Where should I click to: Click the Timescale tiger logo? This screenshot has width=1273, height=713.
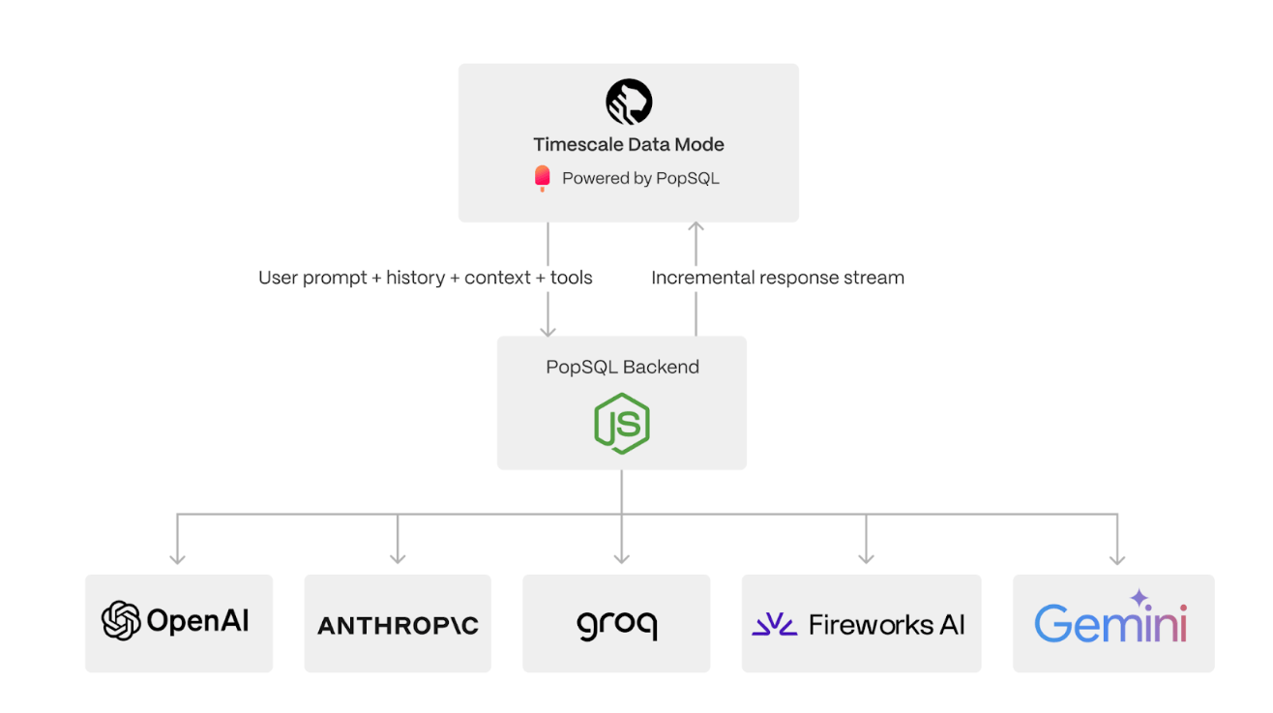(x=629, y=102)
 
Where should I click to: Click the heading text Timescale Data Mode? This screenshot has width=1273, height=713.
(x=629, y=145)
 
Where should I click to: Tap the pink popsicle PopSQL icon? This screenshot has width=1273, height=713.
(x=543, y=178)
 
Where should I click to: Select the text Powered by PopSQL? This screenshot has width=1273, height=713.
(x=640, y=178)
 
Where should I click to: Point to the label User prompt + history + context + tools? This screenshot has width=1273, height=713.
(x=426, y=278)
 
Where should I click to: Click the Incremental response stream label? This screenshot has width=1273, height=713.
(x=778, y=278)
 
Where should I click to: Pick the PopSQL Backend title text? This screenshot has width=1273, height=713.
(x=622, y=367)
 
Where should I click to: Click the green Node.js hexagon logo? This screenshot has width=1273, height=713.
(x=622, y=423)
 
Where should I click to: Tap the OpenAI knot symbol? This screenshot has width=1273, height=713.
(x=121, y=621)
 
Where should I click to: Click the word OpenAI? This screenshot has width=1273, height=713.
(x=198, y=621)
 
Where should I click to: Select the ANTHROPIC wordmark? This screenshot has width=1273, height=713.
(x=398, y=625)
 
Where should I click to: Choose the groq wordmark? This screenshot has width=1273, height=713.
(x=616, y=625)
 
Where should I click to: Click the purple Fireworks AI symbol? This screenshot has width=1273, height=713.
(x=775, y=625)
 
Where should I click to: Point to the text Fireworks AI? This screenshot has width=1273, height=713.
(x=887, y=625)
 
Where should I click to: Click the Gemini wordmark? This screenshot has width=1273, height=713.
(x=1110, y=624)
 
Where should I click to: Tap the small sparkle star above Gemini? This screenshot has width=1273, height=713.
(x=1140, y=598)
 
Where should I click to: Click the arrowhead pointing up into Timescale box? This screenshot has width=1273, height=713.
(x=696, y=229)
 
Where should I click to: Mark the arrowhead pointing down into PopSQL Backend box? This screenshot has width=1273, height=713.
(x=548, y=330)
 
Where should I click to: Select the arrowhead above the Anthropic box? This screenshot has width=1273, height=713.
(x=398, y=557)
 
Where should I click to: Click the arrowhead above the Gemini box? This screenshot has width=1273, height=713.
(x=1117, y=557)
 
